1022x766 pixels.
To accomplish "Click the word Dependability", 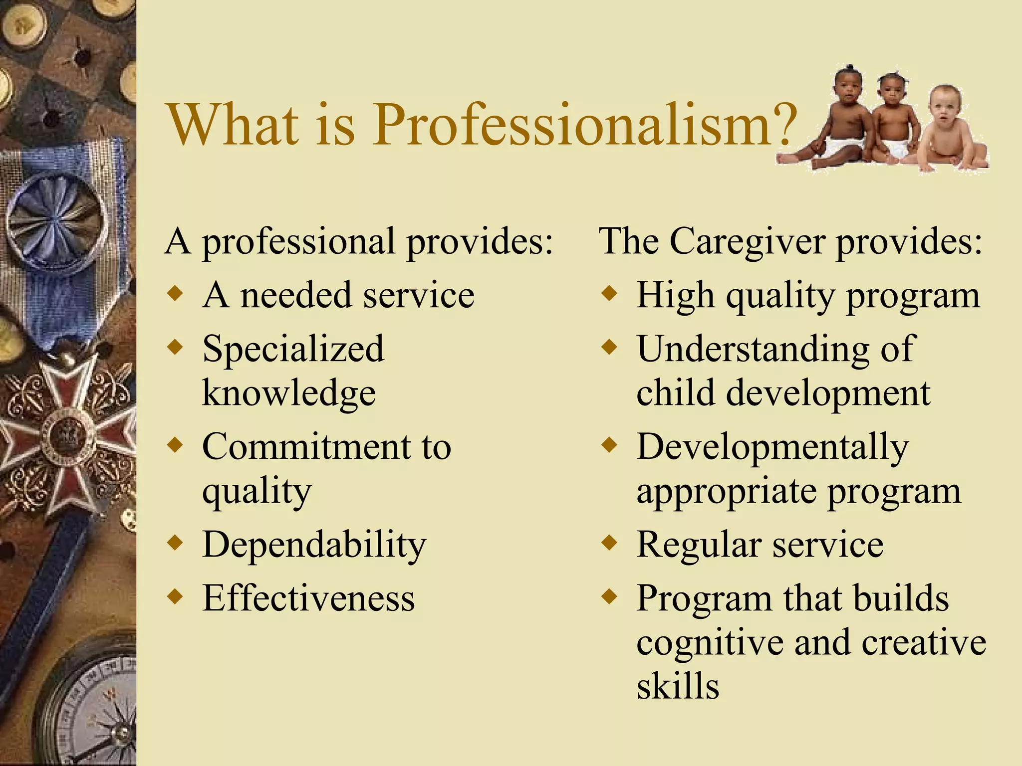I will (x=314, y=545).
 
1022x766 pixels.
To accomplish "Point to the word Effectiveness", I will (x=308, y=598).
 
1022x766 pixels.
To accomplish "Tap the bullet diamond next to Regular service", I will (x=609, y=542).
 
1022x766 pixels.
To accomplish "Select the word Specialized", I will (x=293, y=348).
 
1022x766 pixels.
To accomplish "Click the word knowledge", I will (x=288, y=393).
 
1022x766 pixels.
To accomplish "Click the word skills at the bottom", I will (x=678, y=686).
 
